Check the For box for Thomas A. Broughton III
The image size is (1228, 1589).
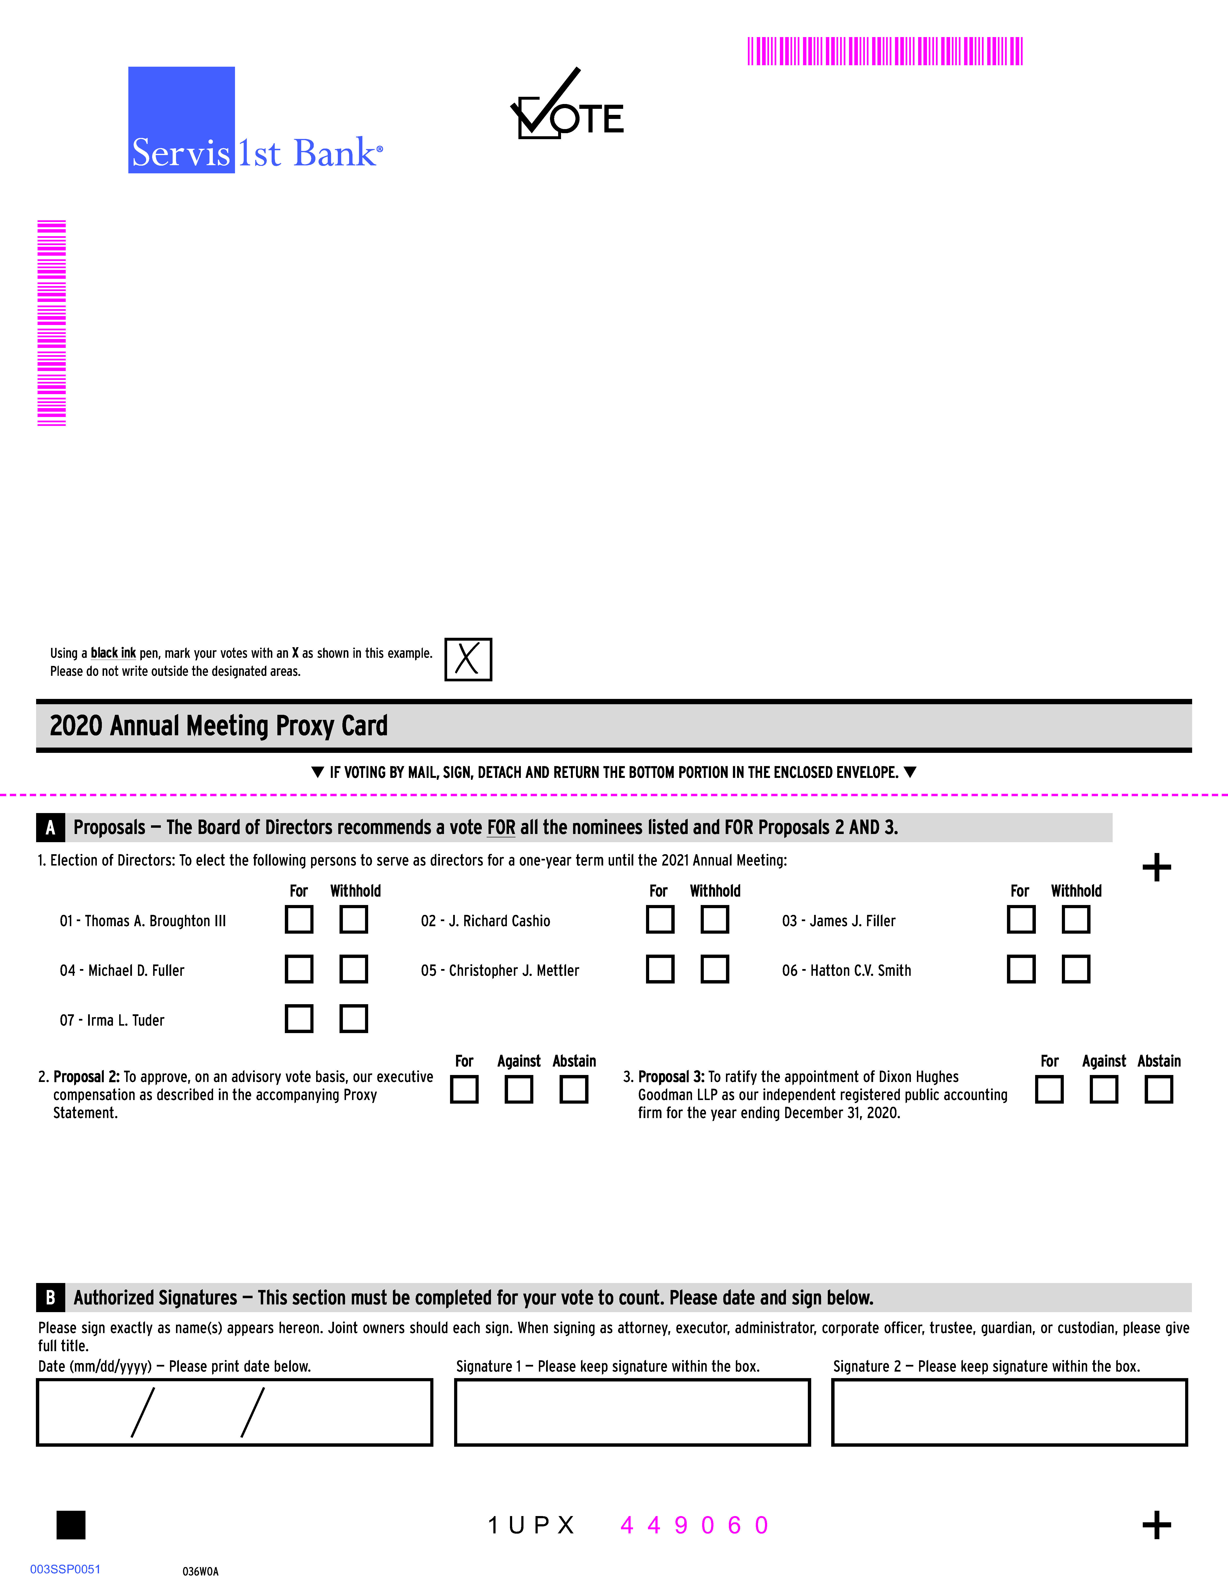coord(299,919)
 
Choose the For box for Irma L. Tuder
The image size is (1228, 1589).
coord(299,1019)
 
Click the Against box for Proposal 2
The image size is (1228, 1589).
coord(519,1089)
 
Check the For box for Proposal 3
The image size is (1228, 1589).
coord(1049,1089)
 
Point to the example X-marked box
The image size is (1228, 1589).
coord(468,659)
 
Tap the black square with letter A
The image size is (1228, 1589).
coord(50,827)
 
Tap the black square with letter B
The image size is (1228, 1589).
coord(50,1298)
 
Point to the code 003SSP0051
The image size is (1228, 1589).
coord(65,1569)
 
